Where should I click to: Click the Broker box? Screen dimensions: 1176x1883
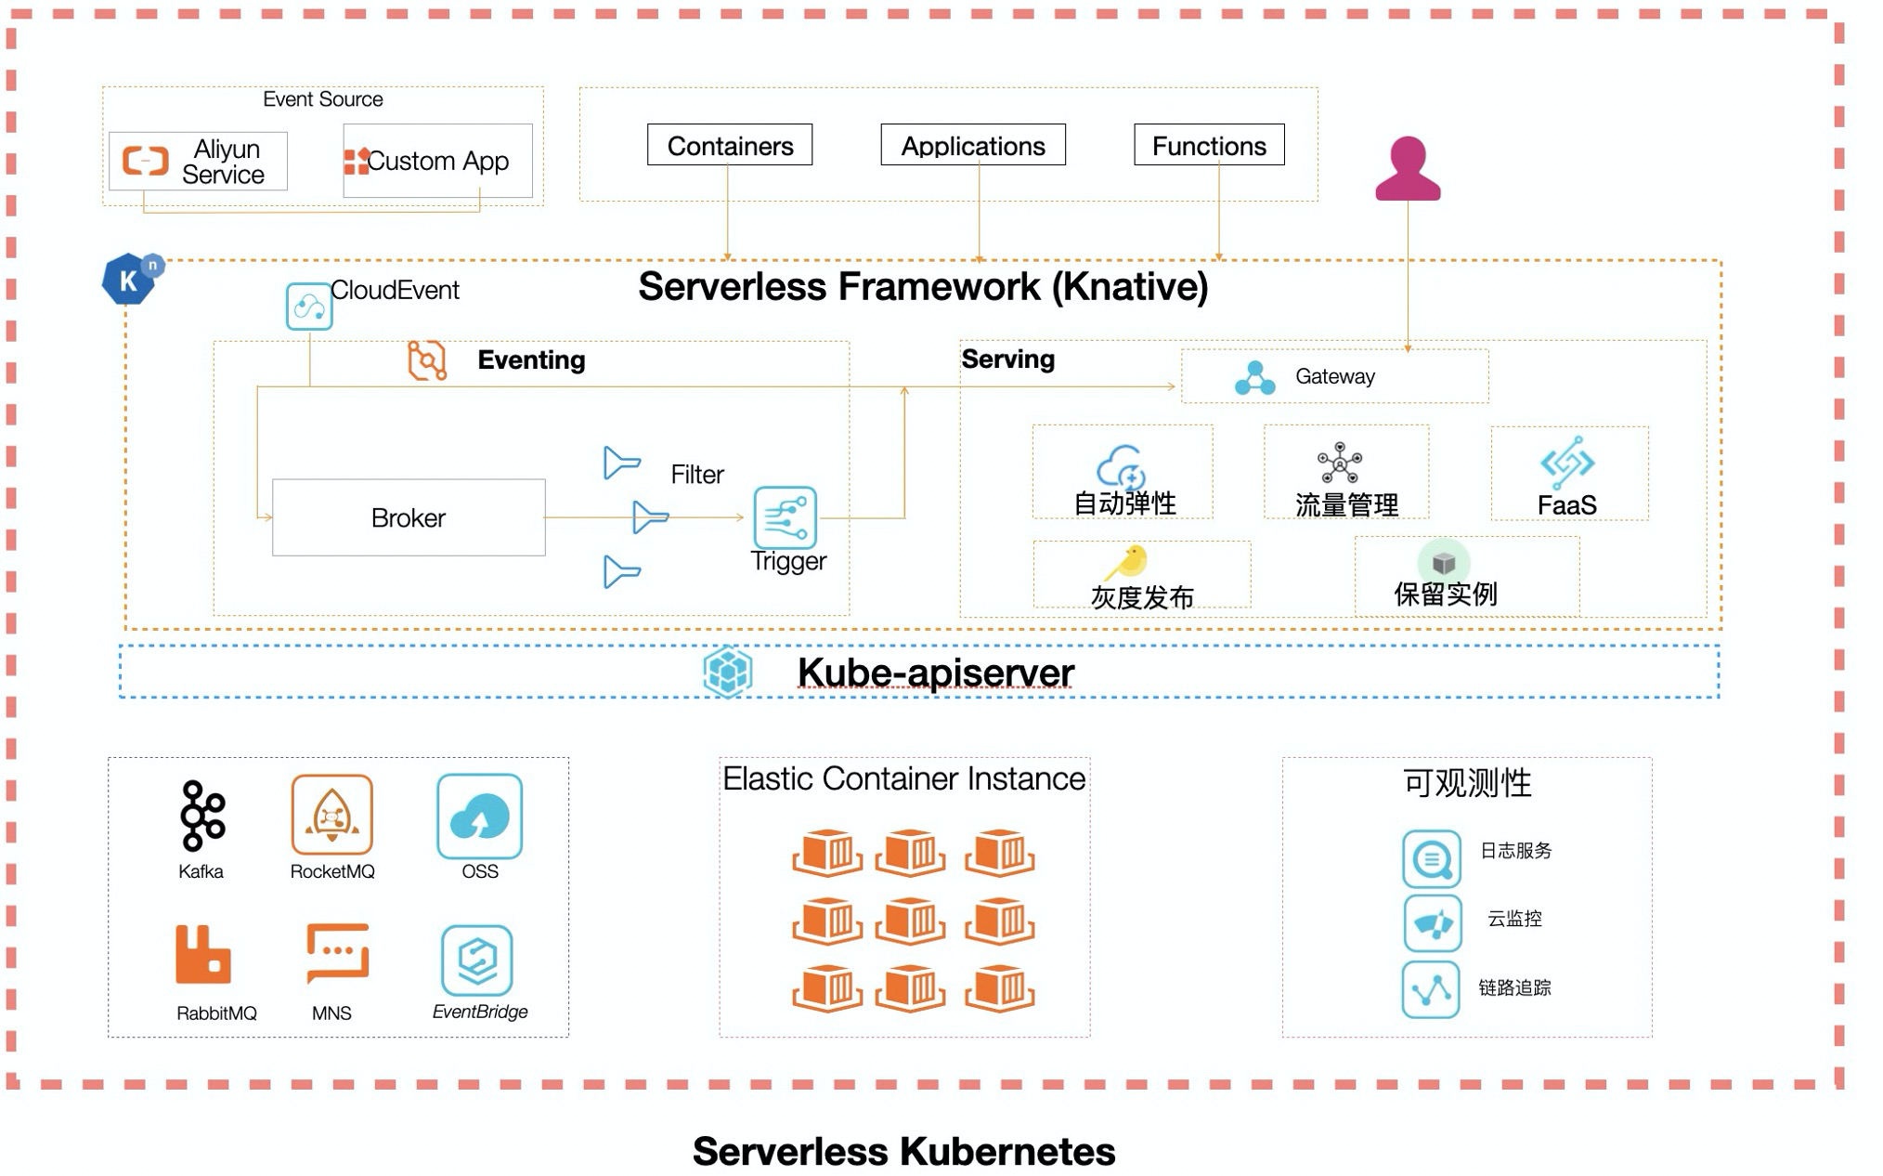pyautogui.click(x=409, y=517)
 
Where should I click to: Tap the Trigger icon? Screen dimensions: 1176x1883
pyautogui.click(x=786, y=517)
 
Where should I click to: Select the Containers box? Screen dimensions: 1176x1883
pyautogui.click(x=730, y=146)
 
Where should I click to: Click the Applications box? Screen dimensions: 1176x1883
pyautogui.click(x=973, y=146)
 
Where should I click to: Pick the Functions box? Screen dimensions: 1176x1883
pyautogui.click(x=1209, y=146)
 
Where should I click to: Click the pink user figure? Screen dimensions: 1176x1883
pyautogui.click(x=1408, y=170)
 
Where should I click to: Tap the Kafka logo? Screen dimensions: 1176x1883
pyautogui.click(x=202, y=816)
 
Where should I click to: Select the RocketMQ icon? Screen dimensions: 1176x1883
pyautogui.click(x=331, y=815)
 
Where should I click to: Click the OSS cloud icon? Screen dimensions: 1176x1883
pyautogui.click(x=479, y=817)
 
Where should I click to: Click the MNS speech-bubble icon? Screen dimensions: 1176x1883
pyautogui.click(x=337, y=952)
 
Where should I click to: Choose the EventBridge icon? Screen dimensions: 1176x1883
pyautogui.click(x=477, y=960)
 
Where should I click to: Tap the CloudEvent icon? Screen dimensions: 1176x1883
pyautogui.click(x=309, y=307)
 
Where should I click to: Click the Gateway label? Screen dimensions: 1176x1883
pyautogui.click(x=1334, y=376)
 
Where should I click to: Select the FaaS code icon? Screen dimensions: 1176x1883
pyautogui.click(x=1567, y=462)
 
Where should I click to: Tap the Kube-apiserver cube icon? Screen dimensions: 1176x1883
pyautogui.click(x=728, y=671)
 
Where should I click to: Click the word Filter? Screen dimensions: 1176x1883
pyautogui.click(x=696, y=475)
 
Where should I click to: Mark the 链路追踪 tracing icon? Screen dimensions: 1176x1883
pyautogui.click(x=1431, y=990)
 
